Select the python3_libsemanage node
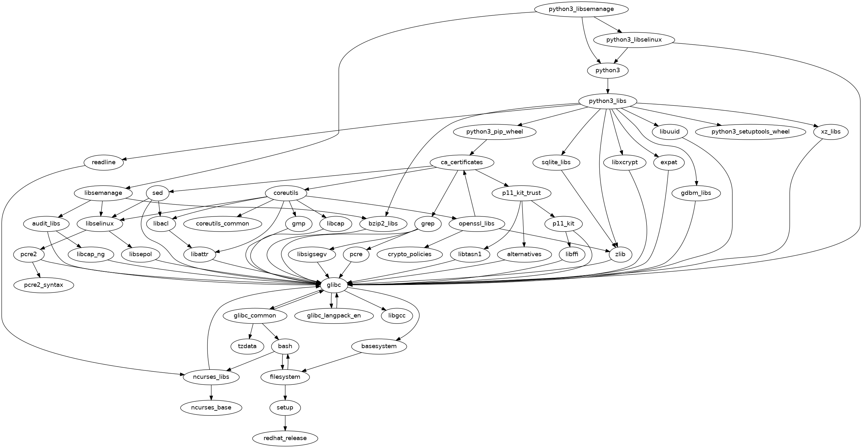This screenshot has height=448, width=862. pyautogui.click(x=581, y=9)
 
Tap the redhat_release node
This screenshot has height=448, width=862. pyautogui.click(x=285, y=438)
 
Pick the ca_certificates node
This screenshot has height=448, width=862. pyautogui.click(x=462, y=163)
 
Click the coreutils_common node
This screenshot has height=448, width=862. pyautogui.click(x=223, y=224)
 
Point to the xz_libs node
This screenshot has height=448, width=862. pyautogui.click(x=830, y=132)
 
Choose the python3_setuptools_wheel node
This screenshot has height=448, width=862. pyautogui.click(x=750, y=132)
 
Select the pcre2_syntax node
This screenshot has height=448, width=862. pyautogui.click(x=43, y=285)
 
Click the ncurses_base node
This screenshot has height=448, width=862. pyautogui.click(x=211, y=407)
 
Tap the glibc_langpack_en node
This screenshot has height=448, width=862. pyautogui.click(x=334, y=316)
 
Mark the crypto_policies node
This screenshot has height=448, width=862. pyautogui.click(x=410, y=254)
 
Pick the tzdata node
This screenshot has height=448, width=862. pyautogui.click(x=247, y=346)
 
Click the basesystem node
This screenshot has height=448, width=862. pyautogui.click(x=379, y=346)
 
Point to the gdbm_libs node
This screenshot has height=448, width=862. pyautogui.click(x=696, y=193)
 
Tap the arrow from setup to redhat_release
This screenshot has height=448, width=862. pyautogui.click(x=285, y=423)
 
